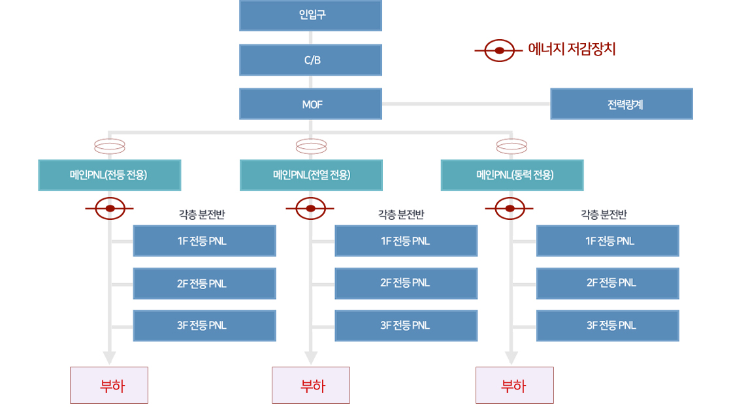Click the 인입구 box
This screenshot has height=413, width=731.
[x=310, y=15]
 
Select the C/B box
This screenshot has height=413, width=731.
[x=310, y=60]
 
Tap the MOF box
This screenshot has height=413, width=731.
[x=310, y=104]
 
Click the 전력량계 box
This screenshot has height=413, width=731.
[x=621, y=104]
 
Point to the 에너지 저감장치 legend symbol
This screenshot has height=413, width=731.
[x=498, y=50]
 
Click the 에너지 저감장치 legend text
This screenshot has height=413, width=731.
[x=572, y=50]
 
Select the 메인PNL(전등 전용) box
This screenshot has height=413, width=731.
[x=109, y=175]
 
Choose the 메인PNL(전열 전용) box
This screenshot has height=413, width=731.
[x=311, y=175]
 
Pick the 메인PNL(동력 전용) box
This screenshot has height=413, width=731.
[x=512, y=175]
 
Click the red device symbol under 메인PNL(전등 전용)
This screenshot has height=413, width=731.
[x=110, y=209]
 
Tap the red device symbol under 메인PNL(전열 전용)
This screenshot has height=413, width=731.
[x=311, y=209]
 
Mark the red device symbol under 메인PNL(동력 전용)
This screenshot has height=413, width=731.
[x=510, y=209]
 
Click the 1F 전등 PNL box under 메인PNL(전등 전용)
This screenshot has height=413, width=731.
[x=204, y=241]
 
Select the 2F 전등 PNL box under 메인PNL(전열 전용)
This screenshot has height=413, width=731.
[x=406, y=283]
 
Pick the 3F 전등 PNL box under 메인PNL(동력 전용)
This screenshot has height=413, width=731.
[x=608, y=326]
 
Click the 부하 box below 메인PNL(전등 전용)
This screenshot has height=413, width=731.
[x=109, y=385]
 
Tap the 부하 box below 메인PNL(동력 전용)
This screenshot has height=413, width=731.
[x=514, y=385]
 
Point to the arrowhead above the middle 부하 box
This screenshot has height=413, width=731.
[x=311, y=358]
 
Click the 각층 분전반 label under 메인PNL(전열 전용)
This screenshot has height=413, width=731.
[x=401, y=214]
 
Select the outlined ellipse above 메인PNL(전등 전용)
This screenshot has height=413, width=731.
[x=110, y=145]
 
